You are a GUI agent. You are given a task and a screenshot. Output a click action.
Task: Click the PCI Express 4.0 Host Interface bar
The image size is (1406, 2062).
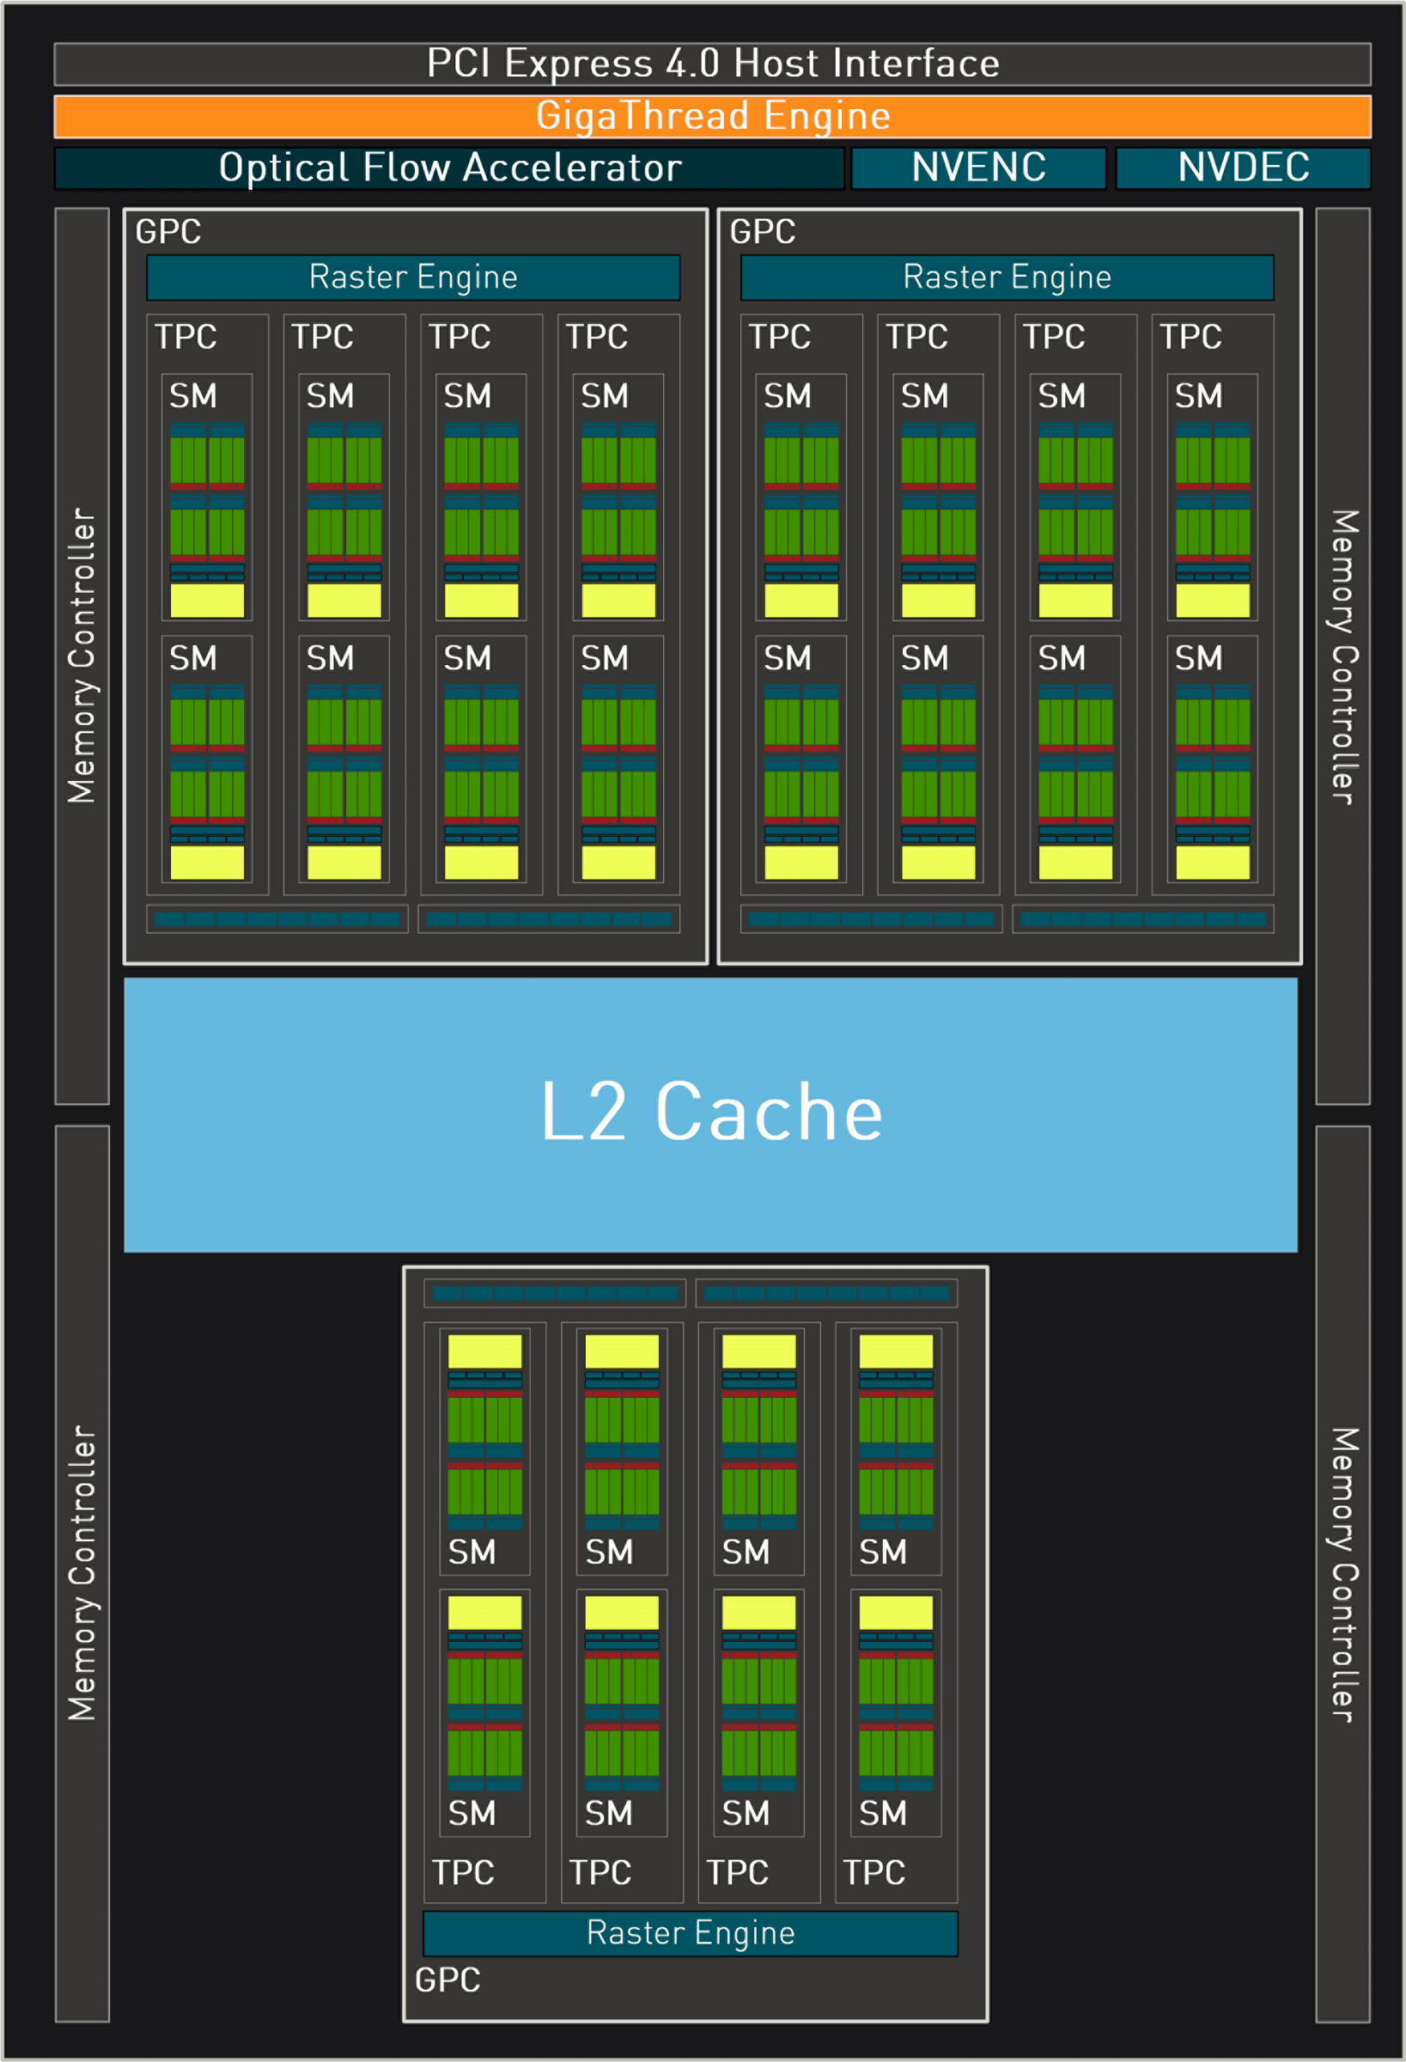pos(712,64)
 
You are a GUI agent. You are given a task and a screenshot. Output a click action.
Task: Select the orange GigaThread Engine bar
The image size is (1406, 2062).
pos(712,116)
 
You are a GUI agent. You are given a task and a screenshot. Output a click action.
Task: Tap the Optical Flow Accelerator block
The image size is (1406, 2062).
pos(450,168)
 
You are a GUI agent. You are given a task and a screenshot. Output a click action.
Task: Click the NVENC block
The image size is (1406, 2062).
pos(978,168)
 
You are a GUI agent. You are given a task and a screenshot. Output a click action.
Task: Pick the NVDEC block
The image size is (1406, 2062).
pos(1243,168)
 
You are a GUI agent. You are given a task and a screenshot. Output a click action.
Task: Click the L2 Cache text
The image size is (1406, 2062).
pos(710,1113)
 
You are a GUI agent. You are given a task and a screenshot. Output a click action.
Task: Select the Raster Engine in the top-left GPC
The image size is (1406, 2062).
pos(413,277)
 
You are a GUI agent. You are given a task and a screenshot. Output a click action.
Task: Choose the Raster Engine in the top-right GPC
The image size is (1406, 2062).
pos(1007,277)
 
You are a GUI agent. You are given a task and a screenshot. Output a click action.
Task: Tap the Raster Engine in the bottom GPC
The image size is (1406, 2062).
pos(691,1932)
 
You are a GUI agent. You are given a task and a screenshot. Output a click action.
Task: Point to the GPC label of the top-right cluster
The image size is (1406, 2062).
pos(762,232)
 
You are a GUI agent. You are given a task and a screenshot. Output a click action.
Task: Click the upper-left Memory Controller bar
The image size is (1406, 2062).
pos(82,656)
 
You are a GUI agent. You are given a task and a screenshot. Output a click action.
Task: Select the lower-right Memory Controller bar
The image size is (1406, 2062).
pos(1342,1574)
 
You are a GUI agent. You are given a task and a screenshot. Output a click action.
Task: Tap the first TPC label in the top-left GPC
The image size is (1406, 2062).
pos(186,336)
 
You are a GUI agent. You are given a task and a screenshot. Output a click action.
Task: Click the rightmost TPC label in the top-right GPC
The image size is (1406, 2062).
pos(1190,336)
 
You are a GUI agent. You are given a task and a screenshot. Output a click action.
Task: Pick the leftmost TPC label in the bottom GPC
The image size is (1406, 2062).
pos(463,1872)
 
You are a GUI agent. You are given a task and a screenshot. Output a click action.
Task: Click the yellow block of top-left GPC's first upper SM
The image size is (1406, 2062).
pos(207,601)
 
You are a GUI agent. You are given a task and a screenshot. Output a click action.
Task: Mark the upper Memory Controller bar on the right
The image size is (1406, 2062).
pos(1342,656)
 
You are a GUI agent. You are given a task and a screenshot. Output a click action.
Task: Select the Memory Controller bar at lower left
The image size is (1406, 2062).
pos(82,1574)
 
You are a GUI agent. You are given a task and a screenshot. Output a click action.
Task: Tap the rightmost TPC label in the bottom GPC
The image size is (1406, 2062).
pos(873,1872)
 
